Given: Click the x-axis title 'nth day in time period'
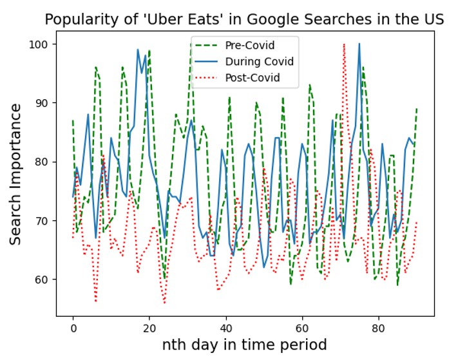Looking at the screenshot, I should [x=245, y=345].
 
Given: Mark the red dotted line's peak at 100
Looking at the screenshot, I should [x=344, y=44].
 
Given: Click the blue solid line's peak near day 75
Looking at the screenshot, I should [x=359, y=44].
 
